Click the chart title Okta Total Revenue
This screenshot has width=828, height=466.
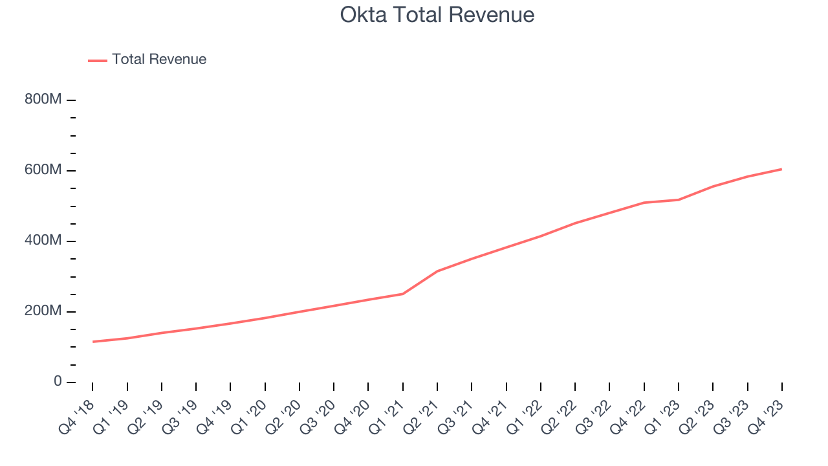pos(437,15)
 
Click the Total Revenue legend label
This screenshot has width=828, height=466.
pos(159,60)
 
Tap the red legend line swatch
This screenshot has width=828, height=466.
pos(98,60)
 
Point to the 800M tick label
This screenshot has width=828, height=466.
pos(44,100)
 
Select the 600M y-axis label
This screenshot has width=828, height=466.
pos(44,171)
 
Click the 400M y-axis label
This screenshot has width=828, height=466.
pos(44,241)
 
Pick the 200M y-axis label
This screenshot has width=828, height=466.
pos(44,311)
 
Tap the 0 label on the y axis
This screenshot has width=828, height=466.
pos(58,382)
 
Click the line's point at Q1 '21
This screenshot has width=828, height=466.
pos(403,294)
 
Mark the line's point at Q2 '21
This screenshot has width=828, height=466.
pos(437,271)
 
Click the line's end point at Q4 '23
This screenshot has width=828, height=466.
pos(781,169)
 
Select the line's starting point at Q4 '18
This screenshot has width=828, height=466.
pos(93,342)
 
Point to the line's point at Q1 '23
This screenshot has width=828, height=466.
pos(679,199)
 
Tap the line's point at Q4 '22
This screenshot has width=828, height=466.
pos(644,203)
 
